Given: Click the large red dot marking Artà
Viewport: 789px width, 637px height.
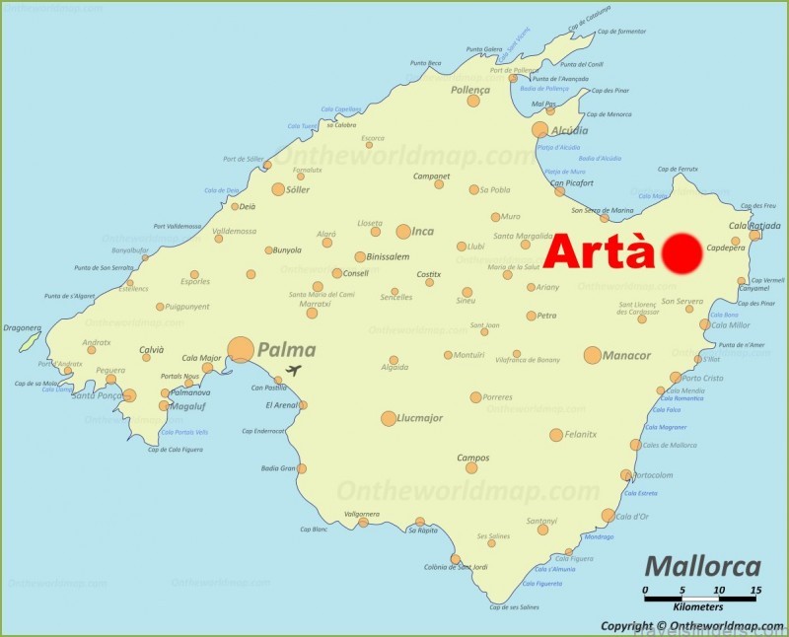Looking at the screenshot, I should point(681,253).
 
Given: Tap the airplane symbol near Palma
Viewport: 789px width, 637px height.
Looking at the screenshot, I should point(293,371).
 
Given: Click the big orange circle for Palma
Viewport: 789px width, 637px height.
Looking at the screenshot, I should point(241,350).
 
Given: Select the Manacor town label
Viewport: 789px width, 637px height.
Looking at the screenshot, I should point(627,355).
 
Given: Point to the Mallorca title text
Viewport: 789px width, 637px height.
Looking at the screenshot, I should point(702,566).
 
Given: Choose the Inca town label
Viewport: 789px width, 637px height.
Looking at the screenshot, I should point(422,232).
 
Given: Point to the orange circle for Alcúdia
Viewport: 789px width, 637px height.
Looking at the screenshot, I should point(540,130).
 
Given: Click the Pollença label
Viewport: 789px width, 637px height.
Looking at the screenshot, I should point(470,89).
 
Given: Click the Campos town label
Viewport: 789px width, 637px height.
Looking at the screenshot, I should point(472,458).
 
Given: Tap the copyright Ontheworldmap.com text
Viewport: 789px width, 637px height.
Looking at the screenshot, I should point(689,625).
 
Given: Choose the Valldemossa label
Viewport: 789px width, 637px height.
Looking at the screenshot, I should point(234,232).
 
